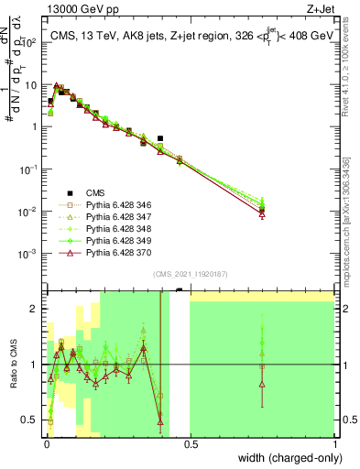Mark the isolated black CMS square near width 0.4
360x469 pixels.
(x=160, y=138)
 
